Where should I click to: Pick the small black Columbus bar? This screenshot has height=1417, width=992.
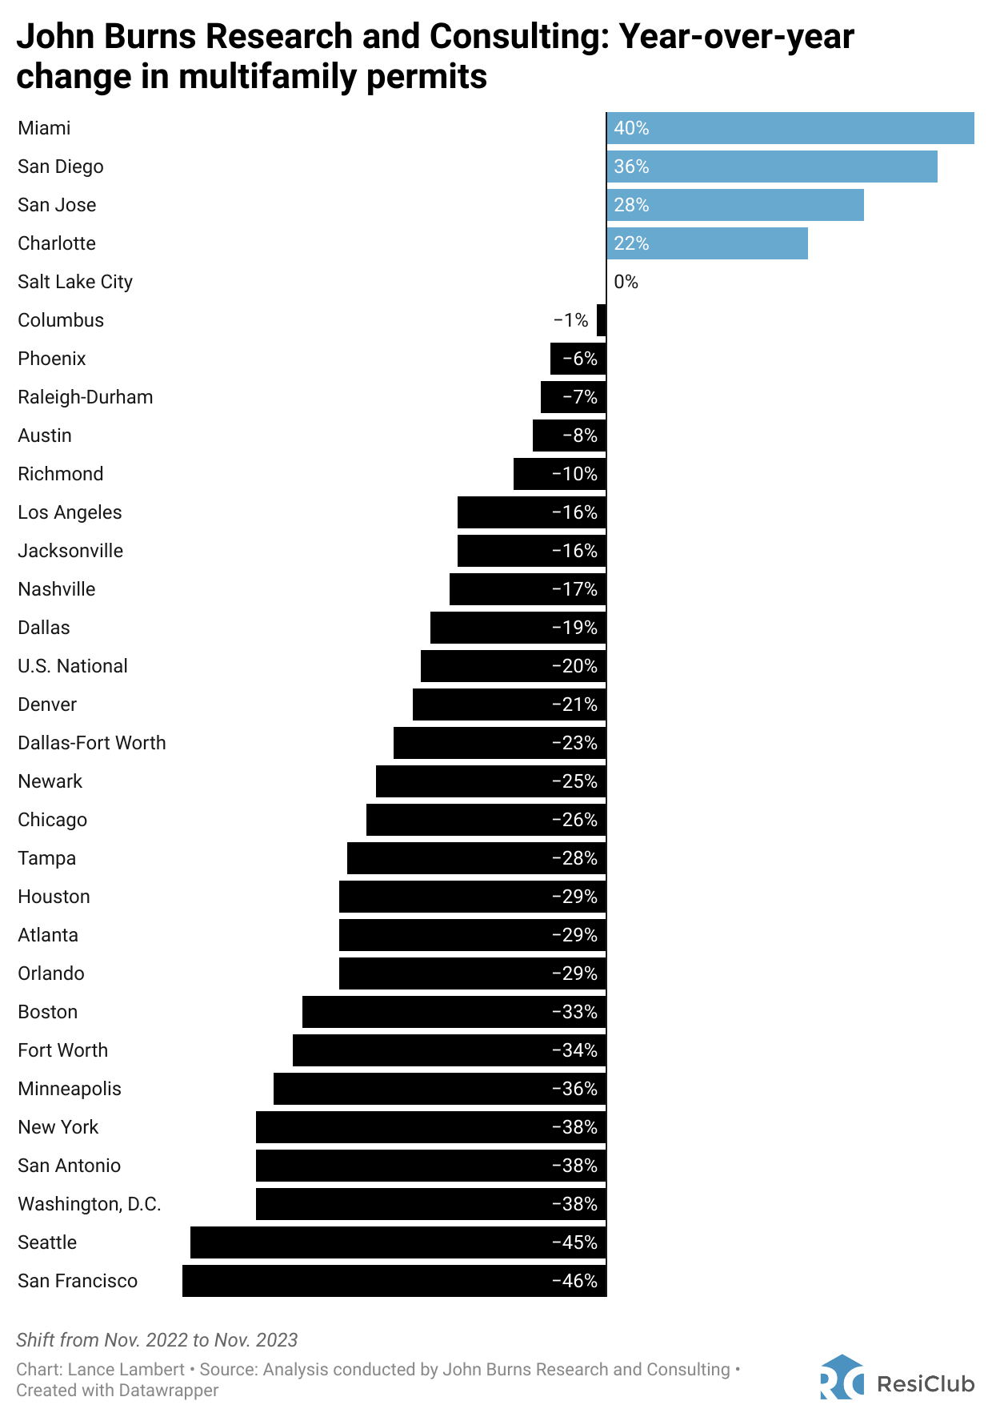pos(602,320)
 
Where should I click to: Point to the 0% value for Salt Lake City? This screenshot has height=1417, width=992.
pos(626,282)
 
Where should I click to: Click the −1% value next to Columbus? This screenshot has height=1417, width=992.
pos(571,320)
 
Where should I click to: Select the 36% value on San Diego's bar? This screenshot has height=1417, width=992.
pos(631,167)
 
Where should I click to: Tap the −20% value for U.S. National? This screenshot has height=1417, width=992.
pos(574,666)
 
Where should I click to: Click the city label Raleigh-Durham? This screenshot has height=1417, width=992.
pos(85,397)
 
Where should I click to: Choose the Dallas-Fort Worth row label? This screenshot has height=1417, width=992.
pos(91,743)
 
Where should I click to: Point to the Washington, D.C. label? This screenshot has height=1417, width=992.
pos(89,1204)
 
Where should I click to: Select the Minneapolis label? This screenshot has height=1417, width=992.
pos(70,1089)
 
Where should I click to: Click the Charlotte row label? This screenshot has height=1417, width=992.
pos(57,243)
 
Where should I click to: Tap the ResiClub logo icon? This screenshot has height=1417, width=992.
pos(842,1377)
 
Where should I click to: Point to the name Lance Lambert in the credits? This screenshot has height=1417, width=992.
pos(126,1369)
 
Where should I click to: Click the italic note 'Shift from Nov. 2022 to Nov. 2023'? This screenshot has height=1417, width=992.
pos(157,1340)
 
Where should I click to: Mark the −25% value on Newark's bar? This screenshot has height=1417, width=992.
pos(574,781)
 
